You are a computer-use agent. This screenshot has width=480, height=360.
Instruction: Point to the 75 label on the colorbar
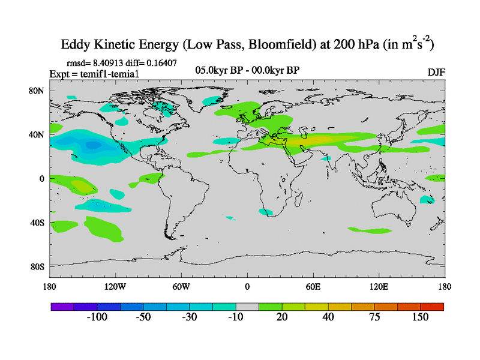pos(374,317)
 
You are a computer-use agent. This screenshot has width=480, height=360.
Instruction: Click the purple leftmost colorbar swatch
pos(62,306)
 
